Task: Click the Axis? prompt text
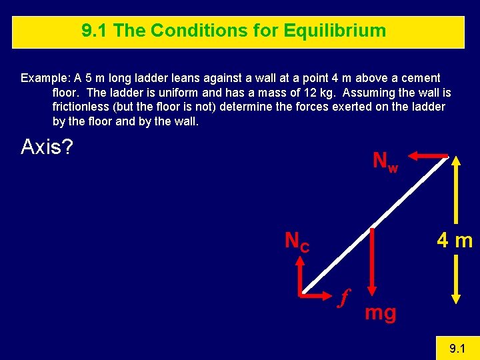(x=47, y=146)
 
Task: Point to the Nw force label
(x=385, y=161)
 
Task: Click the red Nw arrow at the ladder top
(x=427, y=155)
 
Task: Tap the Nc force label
(x=297, y=241)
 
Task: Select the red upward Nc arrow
(x=302, y=273)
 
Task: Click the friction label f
(x=344, y=297)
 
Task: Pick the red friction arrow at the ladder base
(x=320, y=293)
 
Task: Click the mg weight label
(x=380, y=312)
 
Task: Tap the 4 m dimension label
(x=455, y=241)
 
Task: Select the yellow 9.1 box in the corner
(x=457, y=347)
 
